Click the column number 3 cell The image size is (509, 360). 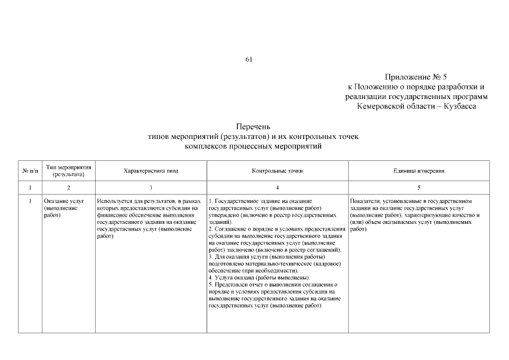tap(151, 186)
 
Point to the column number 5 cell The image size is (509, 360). tap(418, 186)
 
